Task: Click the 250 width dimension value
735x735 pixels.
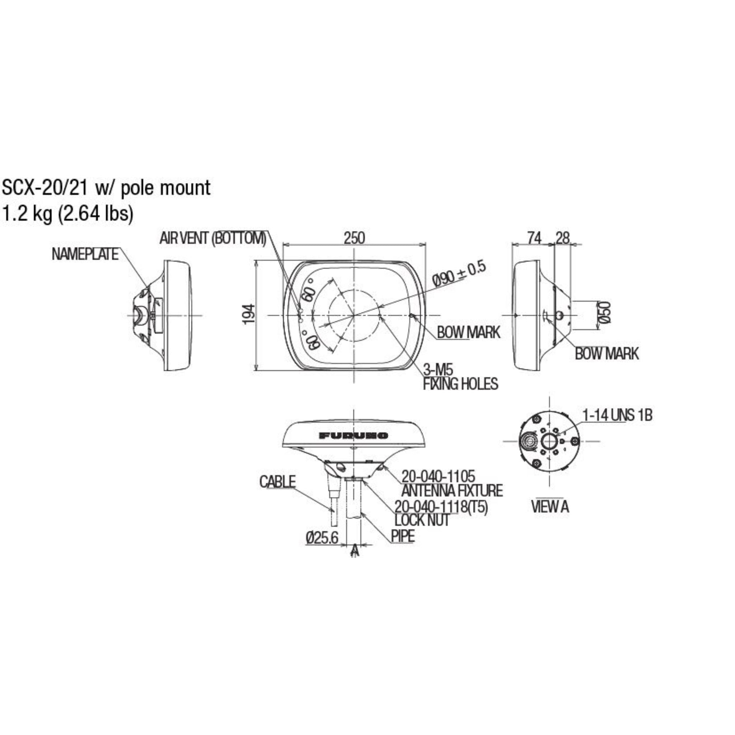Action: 354,238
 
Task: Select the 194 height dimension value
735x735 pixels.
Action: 248,314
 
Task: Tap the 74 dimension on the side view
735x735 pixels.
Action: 534,238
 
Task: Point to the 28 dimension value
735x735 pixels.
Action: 562,238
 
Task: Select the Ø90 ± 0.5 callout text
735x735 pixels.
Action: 459,274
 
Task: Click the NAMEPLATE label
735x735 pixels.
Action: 85,254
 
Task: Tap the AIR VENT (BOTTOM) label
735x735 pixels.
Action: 213,239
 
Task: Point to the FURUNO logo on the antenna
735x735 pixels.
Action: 354,436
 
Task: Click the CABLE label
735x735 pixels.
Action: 277,482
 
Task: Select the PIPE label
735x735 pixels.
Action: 403,536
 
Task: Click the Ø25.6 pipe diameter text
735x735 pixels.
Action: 322,538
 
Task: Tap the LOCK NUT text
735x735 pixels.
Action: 422,520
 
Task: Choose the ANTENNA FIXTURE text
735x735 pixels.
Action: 452,490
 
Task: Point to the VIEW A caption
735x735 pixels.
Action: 550,506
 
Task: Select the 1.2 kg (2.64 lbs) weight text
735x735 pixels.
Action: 68,214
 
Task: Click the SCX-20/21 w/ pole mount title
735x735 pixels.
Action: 106,188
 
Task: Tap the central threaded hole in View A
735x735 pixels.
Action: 549,441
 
